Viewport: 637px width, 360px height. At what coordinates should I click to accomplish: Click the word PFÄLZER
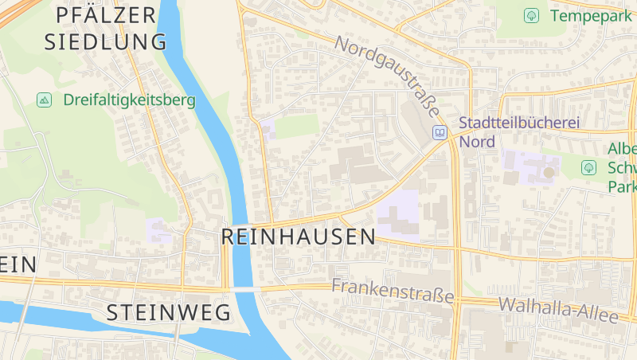(x=107, y=14)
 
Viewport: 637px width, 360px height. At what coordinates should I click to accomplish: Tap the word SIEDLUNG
(x=106, y=42)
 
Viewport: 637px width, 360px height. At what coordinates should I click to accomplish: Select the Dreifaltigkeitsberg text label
(x=129, y=100)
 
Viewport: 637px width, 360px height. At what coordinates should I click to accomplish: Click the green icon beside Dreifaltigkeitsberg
(x=45, y=100)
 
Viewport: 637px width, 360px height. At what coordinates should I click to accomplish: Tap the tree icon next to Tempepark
(x=531, y=15)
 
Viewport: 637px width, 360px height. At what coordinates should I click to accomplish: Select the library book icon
(x=440, y=132)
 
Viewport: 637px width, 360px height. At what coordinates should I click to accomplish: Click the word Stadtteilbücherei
(x=518, y=124)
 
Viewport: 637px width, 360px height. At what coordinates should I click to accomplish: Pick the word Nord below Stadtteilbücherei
(x=476, y=142)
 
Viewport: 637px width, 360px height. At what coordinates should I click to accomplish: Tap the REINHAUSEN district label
(x=298, y=237)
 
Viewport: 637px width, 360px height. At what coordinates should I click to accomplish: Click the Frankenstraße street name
(x=393, y=291)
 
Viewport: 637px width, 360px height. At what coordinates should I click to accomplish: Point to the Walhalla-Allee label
(x=558, y=310)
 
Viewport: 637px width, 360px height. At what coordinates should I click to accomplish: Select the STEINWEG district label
(x=168, y=312)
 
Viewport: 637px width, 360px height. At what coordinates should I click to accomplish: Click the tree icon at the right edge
(x=588, y=167)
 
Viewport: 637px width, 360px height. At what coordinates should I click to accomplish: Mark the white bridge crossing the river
(x=246, y=289)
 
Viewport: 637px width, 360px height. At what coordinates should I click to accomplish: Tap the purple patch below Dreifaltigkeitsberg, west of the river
(x=158, y=230)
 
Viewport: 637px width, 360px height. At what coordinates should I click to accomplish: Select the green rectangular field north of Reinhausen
(x=296, y=126)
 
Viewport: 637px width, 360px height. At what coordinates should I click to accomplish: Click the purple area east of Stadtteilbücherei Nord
(x=529, y=166)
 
